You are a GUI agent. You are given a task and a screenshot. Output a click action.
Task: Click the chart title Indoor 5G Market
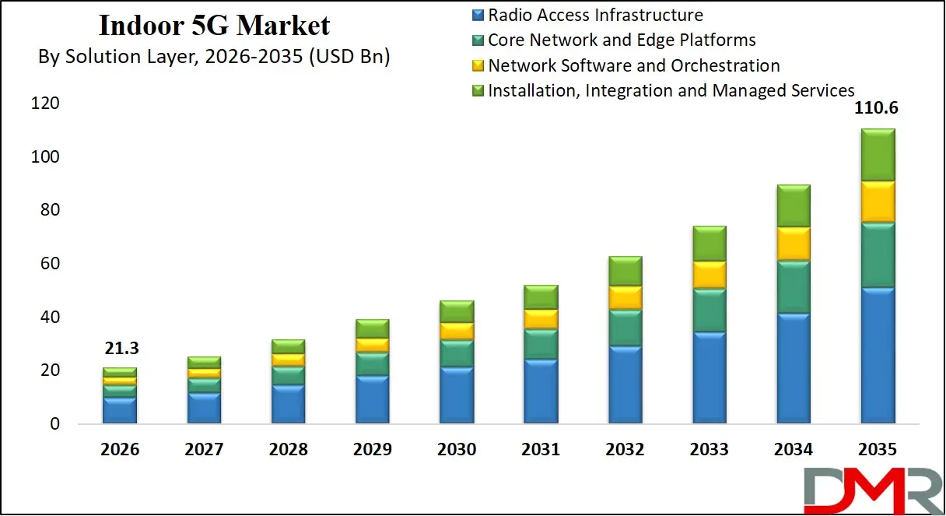click(x=214, y=26)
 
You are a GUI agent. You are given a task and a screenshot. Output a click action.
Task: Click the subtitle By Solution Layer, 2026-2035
click(x=214, y=57)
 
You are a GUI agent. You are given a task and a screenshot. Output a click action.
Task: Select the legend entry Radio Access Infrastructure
click(x=595, y=15)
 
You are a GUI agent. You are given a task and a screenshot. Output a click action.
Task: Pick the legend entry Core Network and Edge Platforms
click(x=622, y=40)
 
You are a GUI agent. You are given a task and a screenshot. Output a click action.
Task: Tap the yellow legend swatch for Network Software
click(x=478, y=66)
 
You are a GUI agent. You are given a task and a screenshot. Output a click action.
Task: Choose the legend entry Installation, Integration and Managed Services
click(x=671, y=90)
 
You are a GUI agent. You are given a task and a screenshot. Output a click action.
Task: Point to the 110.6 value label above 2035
click(x=876, y=109)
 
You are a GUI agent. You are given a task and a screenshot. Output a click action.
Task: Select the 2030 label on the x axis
click(x=457, y=450)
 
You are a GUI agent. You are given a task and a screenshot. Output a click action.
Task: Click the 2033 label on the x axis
click(x=709, y=450)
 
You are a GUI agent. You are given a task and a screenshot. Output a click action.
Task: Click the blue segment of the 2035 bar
click(x=877, y=356)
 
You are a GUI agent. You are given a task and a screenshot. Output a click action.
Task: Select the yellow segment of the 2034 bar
click(x=793, y=244)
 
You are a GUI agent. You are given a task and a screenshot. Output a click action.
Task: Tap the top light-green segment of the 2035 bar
click(x=877, y=155)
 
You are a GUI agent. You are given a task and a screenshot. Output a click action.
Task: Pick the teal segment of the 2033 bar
click(x=709, y=311)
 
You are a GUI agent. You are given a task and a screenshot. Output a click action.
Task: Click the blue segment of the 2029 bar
click(x=373, y=400)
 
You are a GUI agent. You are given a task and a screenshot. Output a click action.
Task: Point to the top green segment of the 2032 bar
click(x=625, y=271)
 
